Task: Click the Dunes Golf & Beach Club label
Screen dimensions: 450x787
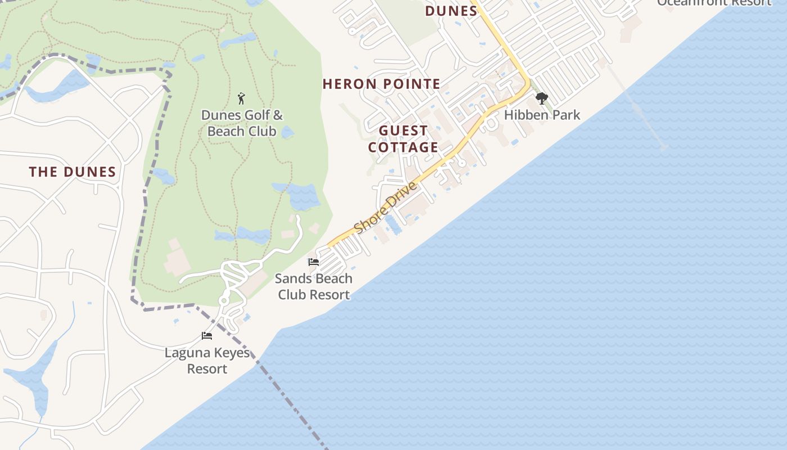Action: (x=242, y=123)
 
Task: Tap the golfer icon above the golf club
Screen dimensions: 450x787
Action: (x=242, y=98)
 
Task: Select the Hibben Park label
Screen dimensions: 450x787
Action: (x=542, y=115)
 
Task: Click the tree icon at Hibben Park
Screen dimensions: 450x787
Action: (x=541, y=99)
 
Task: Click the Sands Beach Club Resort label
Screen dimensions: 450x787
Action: (x=314, y=286)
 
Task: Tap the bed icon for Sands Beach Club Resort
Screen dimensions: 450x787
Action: (x=314, y=262)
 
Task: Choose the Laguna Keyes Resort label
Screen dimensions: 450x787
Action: (x=207, y=361)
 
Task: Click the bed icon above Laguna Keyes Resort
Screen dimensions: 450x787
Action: (x=207, y=336)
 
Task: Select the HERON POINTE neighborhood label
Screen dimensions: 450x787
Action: (x=381, y=84)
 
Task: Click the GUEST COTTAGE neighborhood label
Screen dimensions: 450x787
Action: (x=403, y=139)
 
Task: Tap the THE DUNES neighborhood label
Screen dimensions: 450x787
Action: (x=73, y=172)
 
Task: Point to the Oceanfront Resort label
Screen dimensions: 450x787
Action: (x=714, y=3)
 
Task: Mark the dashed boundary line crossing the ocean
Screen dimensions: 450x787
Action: (x=292, y=405)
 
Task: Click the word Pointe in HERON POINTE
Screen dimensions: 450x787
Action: (x=411, y=84)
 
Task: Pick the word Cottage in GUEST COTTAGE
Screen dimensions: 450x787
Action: (x=403, y=147)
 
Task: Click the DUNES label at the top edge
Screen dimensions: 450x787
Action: (x=451, y=11)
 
